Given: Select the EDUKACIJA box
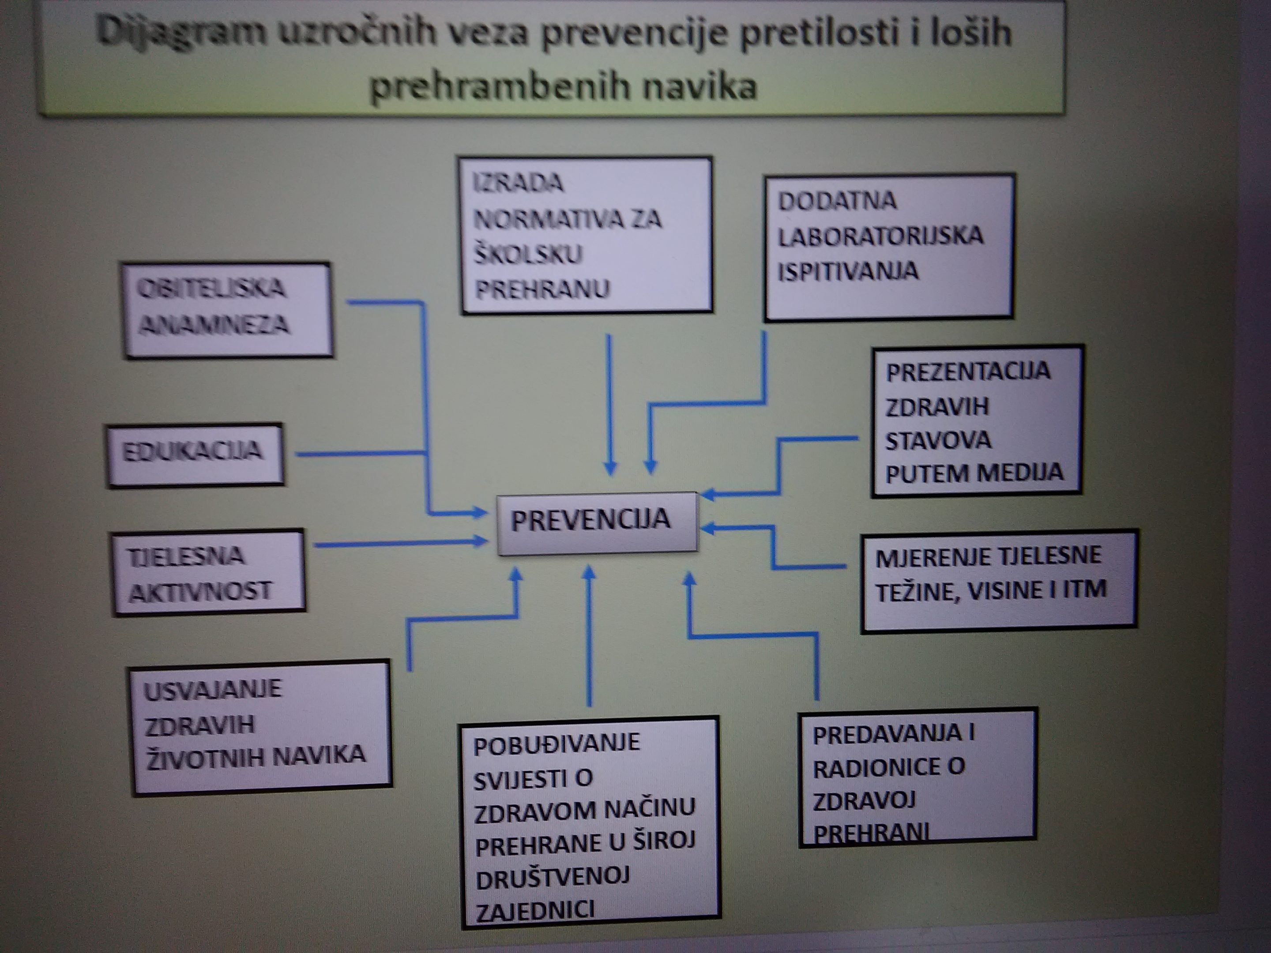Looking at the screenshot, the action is [x=196, y=455].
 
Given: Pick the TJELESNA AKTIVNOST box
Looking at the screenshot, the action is [x=208, y=573].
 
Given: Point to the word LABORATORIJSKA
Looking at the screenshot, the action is [x=880, y=236].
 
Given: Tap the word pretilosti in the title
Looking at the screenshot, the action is [x=817, y=33].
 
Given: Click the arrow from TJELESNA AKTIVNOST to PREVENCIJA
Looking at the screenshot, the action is [x=400, y=542].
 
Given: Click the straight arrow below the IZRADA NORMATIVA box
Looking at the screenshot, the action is [x=609, y=405].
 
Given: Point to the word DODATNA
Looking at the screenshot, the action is [x=837, y=200].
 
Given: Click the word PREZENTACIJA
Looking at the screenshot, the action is [x=968, y=371].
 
